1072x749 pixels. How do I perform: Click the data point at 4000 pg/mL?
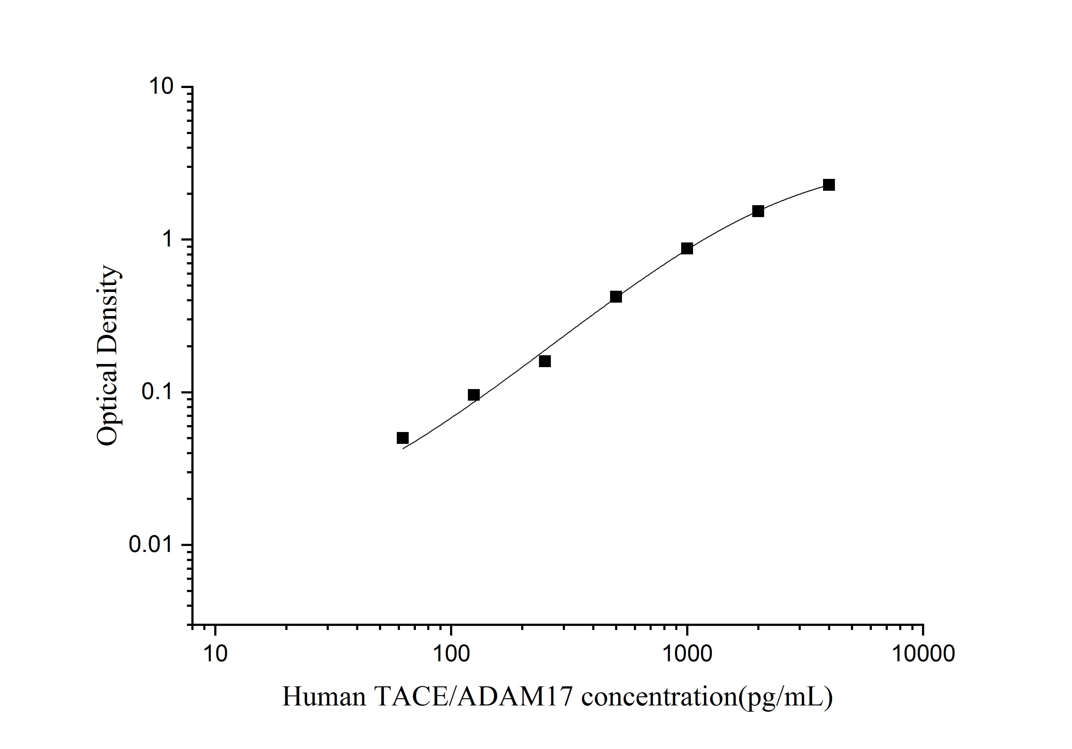[829, 185]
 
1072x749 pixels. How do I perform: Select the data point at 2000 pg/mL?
[758, 211]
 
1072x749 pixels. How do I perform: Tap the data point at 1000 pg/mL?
[687, 248]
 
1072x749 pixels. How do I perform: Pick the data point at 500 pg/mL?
[616, 297]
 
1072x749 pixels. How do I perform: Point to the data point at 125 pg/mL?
[474, 395]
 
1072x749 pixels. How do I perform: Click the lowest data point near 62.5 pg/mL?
[402, 438]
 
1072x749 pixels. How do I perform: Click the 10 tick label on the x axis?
[215, 654]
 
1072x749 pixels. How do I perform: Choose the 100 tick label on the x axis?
[451, 654]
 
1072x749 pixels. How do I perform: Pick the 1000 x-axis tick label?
[687, 654]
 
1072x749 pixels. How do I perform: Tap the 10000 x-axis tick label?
[923, 654]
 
